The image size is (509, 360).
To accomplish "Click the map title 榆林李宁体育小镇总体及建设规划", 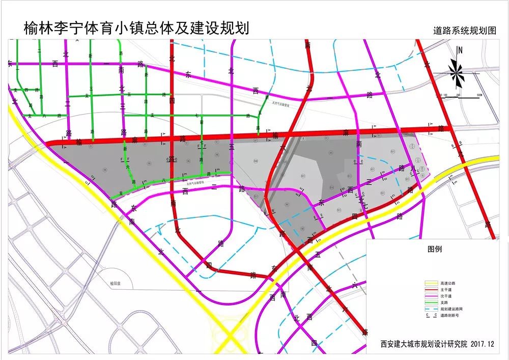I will pyautogui.click(x=136, y=28).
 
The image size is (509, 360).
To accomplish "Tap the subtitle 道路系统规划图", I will pyautogui.click(x=465, y=30).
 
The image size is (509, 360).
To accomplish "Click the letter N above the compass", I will pyautogui.click(x=460, y=50).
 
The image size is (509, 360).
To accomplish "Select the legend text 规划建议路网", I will pyautogui.click(x=454, y=309).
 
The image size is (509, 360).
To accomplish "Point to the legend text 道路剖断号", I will pyautogui.click(x=452, y=316).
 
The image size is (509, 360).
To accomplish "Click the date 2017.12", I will pyautogui.click(x=483, y=344).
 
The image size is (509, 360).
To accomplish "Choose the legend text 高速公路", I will pyautogui.click(x=450, y=283).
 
